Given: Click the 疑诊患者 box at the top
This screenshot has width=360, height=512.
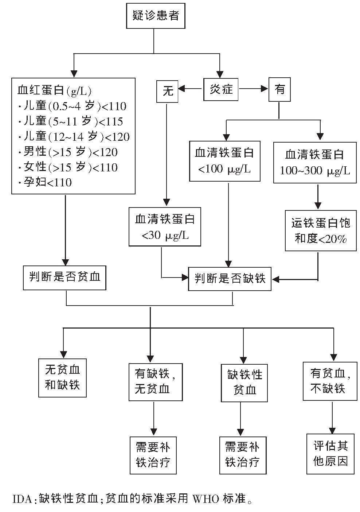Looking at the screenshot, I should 156,16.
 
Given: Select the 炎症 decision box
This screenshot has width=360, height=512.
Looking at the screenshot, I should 221,89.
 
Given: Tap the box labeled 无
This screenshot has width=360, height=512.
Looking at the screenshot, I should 167,90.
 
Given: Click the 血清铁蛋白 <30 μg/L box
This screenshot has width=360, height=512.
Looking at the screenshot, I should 165,226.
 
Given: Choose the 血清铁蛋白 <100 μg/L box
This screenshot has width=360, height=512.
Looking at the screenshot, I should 225,161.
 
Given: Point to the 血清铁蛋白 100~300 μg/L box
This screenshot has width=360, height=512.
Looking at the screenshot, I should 315,162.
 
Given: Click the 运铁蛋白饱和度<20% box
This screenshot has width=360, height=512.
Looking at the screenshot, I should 321,230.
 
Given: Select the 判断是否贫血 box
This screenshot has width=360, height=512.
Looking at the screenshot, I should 64,278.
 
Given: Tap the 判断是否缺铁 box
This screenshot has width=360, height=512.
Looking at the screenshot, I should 230,279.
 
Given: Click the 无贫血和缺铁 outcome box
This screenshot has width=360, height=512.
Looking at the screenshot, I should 62,377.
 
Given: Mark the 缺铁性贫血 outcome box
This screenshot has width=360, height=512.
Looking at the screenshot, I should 244,383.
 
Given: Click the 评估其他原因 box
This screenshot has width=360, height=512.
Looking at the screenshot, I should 330,454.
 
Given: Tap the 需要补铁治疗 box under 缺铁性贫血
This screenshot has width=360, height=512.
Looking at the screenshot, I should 242,454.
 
